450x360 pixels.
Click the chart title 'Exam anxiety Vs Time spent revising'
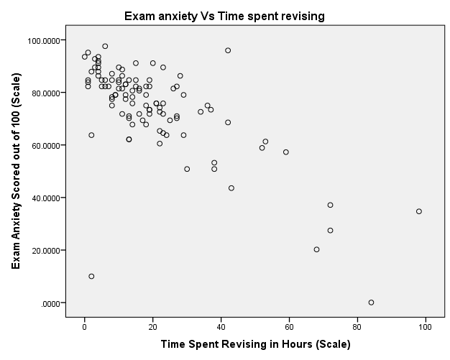[225, 15]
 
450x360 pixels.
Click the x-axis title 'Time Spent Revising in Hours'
[255, 344]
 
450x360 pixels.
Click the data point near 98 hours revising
[418, 211]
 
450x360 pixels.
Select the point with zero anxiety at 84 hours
[371, 303]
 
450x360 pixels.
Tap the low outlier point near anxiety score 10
[91, 276]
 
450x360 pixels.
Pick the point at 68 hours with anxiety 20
[316, 249]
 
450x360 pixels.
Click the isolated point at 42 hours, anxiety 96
[228, 50]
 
